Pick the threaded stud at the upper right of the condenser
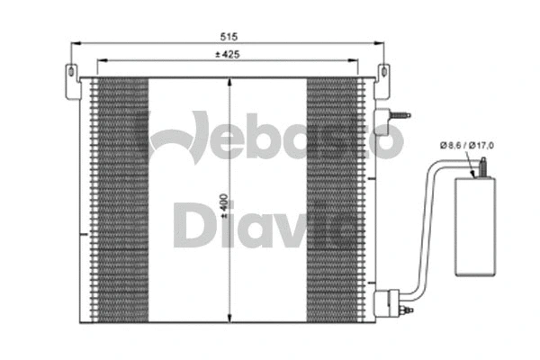click(398, 115)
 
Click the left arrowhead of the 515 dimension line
click(75, 42)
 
